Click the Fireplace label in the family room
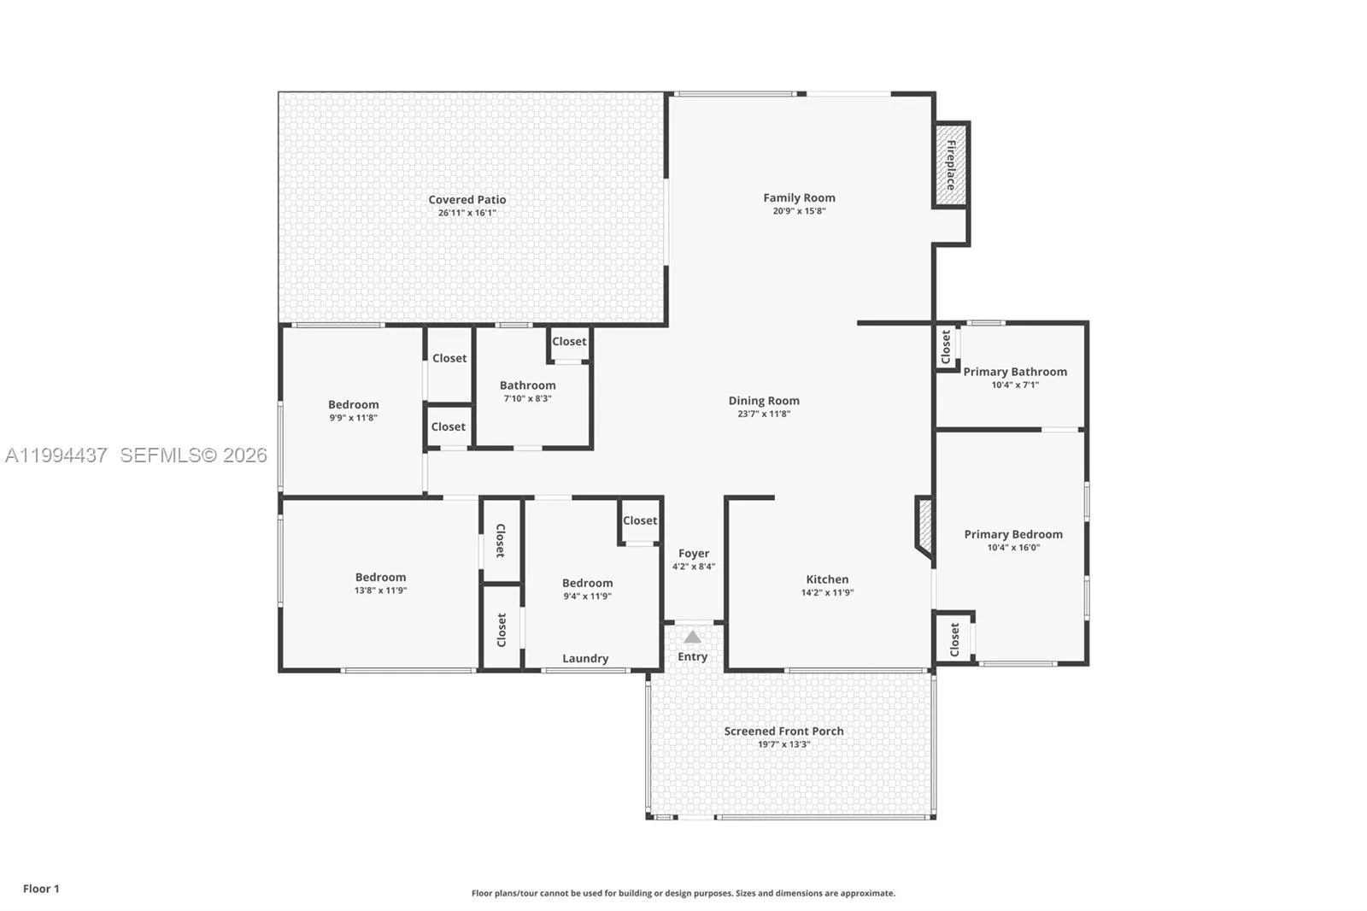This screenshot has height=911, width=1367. point(951,165)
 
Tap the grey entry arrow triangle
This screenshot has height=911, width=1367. point(692,637)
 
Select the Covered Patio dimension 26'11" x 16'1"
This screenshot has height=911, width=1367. point(466,213)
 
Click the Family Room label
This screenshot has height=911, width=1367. point(799,197)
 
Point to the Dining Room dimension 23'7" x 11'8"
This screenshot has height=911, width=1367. point(764,414)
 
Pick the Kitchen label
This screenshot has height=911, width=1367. point(827,579)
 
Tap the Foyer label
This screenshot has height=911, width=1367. point(694,553)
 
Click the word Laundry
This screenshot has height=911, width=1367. point(585,658)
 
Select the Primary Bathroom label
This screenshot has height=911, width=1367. point(1015,372)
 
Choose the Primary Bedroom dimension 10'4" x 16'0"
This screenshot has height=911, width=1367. point(1013,548)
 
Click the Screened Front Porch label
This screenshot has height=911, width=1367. point(783,731)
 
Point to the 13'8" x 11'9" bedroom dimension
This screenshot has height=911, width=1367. point(380,591)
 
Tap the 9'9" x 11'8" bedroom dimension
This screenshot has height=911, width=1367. point(354,418)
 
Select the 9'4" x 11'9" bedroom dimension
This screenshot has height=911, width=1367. point(587,597)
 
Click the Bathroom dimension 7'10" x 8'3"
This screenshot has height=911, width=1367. point(527,399)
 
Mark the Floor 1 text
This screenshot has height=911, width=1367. point(41,889)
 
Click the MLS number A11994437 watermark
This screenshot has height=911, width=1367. point(56,455)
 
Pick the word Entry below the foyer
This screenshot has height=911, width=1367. point(693,657)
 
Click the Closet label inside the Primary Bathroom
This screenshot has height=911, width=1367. point(946,347)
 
